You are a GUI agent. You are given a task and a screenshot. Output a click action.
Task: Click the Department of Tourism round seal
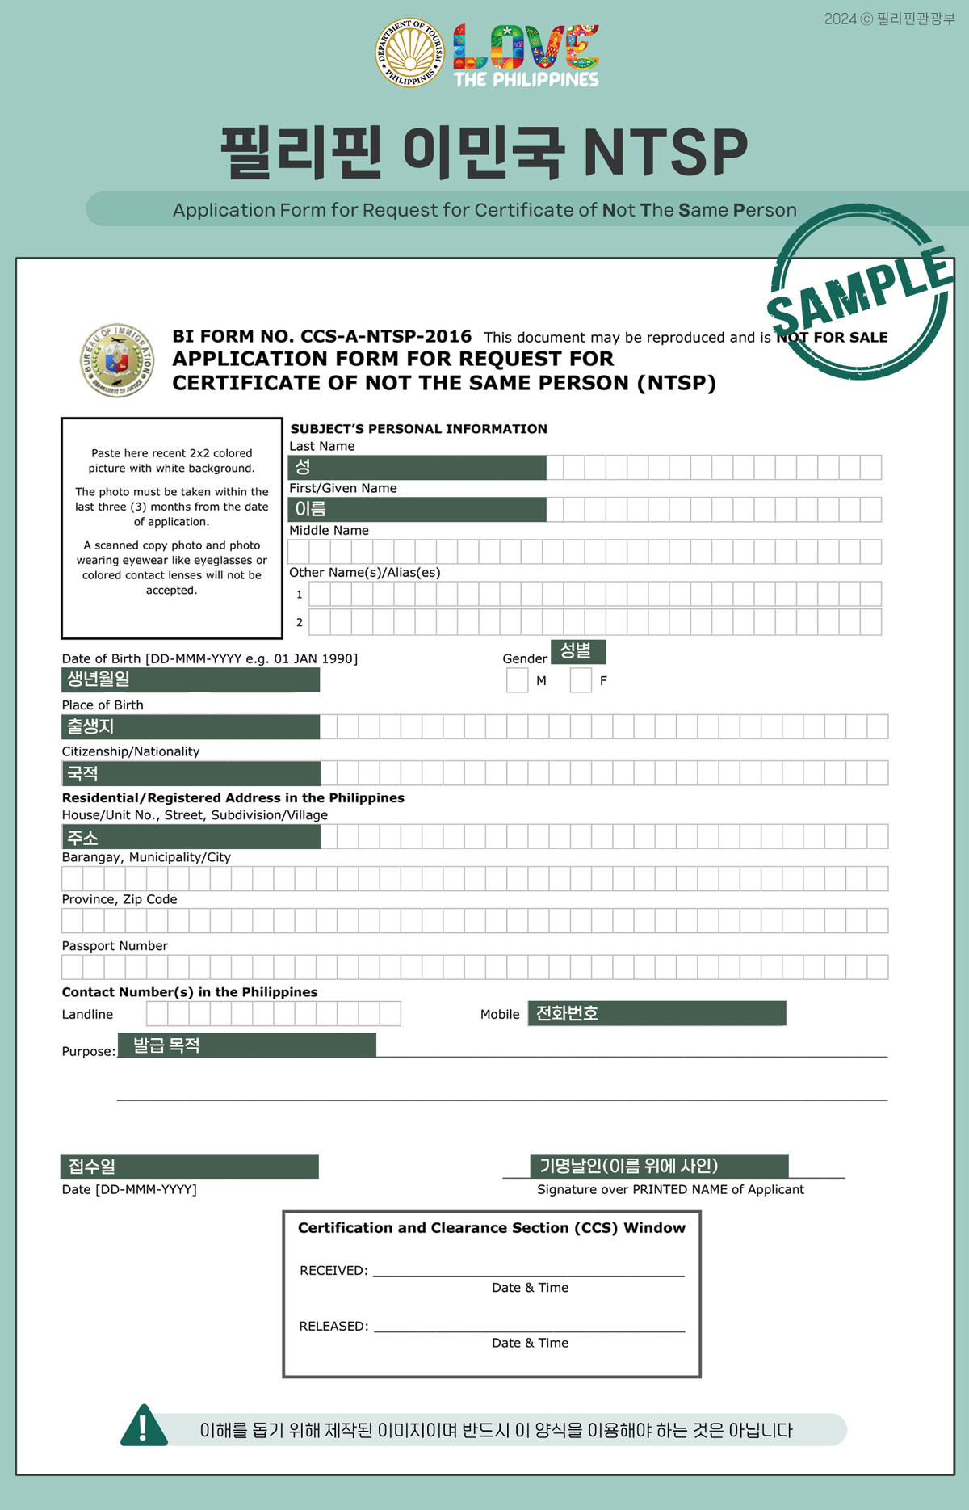410,53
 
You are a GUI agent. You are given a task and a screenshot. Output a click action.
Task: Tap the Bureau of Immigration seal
117,360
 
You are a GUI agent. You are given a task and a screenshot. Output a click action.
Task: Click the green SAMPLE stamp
859,292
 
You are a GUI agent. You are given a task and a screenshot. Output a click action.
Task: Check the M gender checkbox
517,680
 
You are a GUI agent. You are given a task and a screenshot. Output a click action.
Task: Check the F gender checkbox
581,680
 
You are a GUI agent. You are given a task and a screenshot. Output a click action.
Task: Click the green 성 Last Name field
417,467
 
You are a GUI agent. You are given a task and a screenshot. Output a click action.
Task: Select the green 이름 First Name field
417,509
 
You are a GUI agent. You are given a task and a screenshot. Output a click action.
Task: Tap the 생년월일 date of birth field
191,679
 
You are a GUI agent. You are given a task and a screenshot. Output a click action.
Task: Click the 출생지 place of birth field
191,726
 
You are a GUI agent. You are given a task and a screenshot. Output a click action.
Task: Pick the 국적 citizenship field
191,773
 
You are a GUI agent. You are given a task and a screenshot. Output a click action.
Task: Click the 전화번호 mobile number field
656,1013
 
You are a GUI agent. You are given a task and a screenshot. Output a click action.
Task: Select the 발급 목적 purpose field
246,1045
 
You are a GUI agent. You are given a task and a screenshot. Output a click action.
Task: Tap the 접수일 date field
189,1166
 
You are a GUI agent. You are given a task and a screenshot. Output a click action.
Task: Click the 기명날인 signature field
659,1166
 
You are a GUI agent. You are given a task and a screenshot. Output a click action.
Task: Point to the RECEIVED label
333,1271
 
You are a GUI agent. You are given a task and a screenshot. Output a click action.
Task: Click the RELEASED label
333,1326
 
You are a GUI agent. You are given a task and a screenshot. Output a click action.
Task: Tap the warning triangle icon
144,1426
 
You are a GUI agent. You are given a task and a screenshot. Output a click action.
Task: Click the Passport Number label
115,946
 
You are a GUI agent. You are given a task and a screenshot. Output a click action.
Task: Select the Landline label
87,1015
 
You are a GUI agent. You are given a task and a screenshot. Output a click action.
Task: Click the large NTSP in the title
665,153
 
